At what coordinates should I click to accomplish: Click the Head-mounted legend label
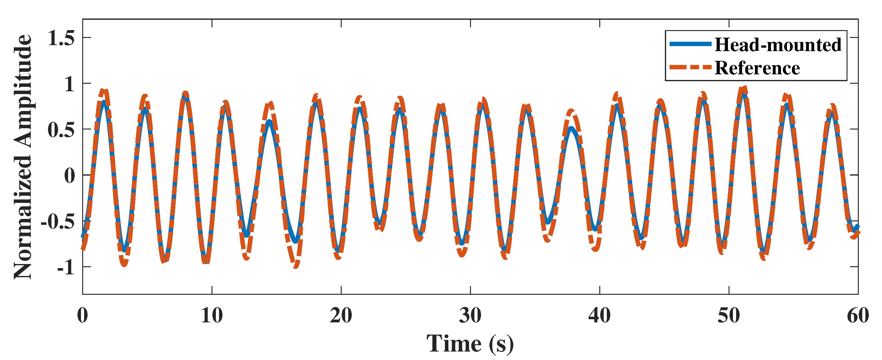tap(778, 45)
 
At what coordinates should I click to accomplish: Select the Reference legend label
tap(757, 68)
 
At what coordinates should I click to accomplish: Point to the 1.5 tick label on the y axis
tap(61, 38)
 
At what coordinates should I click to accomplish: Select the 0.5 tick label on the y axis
tap(61, 130)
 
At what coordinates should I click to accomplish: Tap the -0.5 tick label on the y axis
tap(57, 222)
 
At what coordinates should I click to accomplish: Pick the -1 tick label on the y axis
tap(66, 267)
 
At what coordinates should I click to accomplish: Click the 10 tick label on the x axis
tap(212, 315)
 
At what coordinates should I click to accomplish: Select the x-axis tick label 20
tap(341, 315)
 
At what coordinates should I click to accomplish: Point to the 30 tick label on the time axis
tap(470, 315)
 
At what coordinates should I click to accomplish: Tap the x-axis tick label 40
tap(600, 315)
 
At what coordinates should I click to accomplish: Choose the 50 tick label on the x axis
tap(729, 315)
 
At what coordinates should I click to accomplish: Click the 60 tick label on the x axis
tap(858, 315)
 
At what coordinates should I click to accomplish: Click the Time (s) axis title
tap(470, 343)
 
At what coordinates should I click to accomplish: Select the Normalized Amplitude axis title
tap(23, 157)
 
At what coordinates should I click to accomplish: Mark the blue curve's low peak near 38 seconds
tap(571, 129)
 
